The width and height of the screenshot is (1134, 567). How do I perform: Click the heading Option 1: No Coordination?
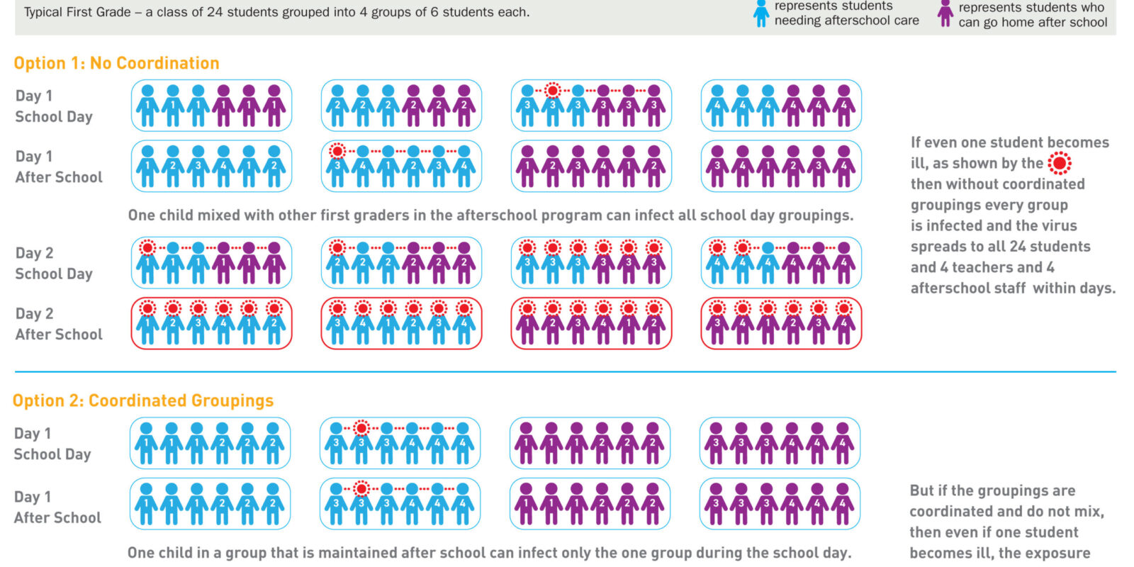pyautogui.click(x=116, y=63)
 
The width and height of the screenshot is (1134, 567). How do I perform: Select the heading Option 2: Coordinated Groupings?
pyautogui.click(x=142, y=400)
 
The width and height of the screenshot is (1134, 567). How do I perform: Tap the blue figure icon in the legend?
pyautogui.click(x=761, y=13)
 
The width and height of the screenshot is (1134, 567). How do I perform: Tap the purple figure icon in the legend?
pyautogui.click(x=945, y=13)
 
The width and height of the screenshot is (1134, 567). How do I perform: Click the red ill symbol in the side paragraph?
pyautogui.click(x=1060, y=163)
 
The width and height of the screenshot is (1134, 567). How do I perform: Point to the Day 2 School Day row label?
pyautogui.click(x=54, y=263)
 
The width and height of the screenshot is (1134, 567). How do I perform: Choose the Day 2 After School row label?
pyautogui.click(x=59, y=324)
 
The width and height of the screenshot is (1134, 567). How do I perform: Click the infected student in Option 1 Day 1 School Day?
pyautogui.click(x=553, y=106)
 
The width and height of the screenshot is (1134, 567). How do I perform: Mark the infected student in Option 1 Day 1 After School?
pyautogui.click(x=337, y=166)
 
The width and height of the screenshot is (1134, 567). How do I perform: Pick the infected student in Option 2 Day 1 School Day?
pyautogui.click(x=361, y=443)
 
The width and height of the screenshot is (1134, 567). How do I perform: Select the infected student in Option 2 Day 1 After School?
pyautogui.click(x=361, y=504)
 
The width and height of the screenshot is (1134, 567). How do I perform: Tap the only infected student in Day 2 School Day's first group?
pyautogui.click(x=148, y=262)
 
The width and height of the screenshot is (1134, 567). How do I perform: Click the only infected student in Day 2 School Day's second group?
pyautogui.click(x=337, y=262)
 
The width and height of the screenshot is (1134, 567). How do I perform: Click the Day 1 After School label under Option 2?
pyautogui.click(x=57, y=507)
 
